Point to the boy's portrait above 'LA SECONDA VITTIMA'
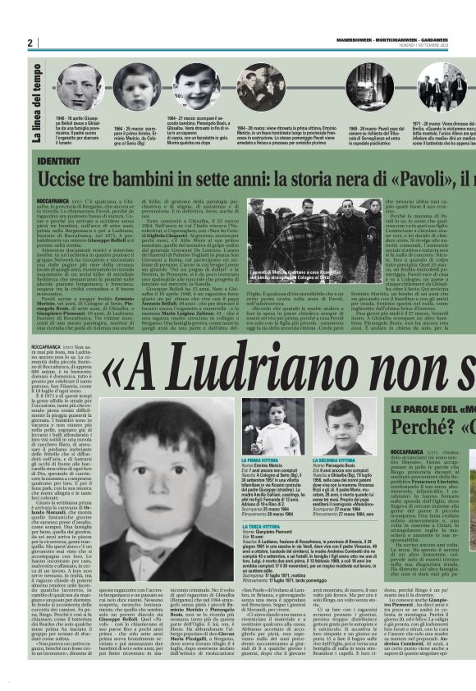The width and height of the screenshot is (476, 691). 345,427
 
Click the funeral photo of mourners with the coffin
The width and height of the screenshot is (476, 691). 295,238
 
